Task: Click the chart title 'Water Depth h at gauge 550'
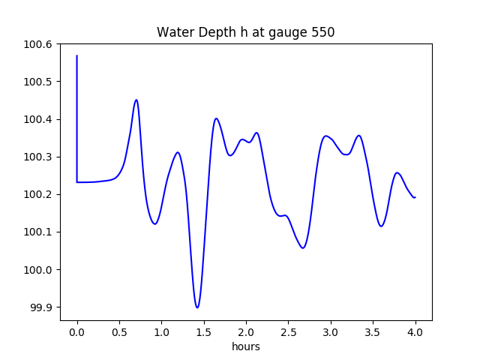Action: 245,33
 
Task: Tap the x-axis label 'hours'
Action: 245,346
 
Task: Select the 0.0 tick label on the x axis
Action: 77,331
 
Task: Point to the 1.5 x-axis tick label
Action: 204,331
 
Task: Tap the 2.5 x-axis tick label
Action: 288,331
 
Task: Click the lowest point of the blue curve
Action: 197,307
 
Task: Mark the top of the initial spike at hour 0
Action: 77,55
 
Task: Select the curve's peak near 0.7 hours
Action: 136,100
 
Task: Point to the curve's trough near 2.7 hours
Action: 303,248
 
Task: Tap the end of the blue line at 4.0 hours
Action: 415,197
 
